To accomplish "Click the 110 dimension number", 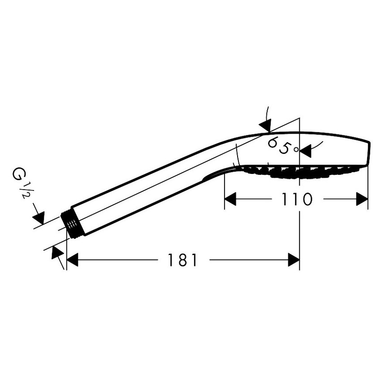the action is (296, 199).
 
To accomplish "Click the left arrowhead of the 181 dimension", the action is (72, 260).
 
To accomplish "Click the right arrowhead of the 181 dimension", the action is (294, 260).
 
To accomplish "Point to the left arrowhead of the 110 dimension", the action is (230, 199).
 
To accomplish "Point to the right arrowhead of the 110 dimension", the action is (362, 199).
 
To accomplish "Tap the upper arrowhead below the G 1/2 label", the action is (39, 218).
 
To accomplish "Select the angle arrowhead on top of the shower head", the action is (265, 126).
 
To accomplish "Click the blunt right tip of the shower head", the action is (369, 153).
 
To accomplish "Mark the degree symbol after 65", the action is (296, 149).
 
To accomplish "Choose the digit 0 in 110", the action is (306, 199).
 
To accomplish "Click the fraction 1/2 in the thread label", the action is (26, 191).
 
